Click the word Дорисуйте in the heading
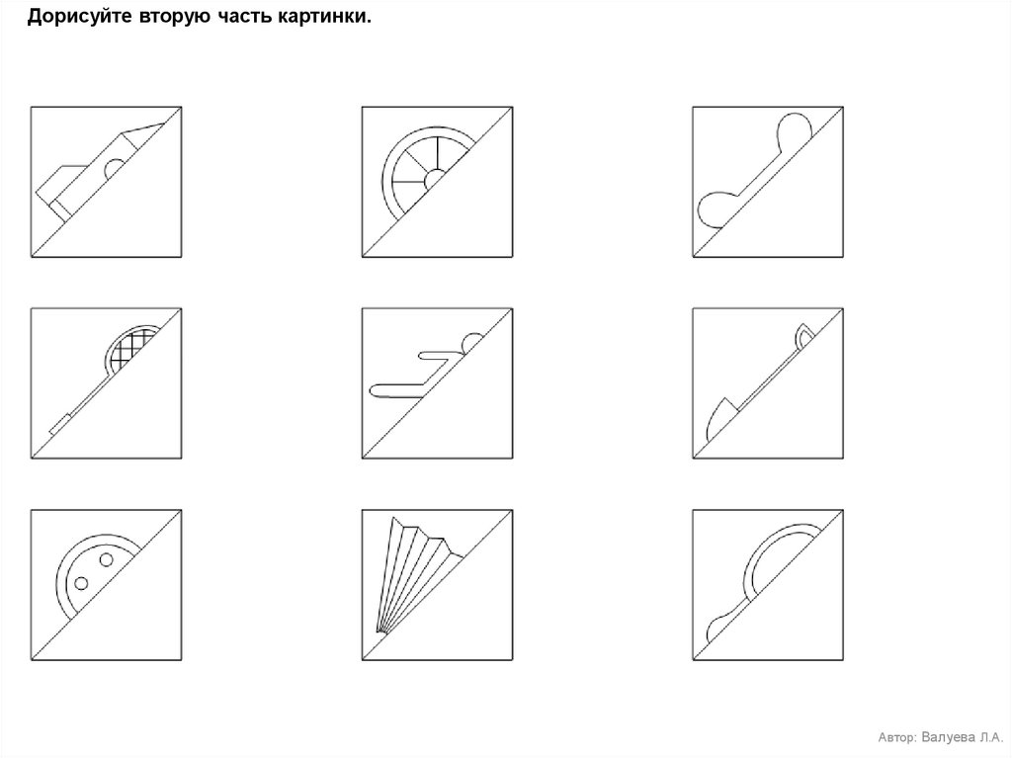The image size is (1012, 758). coord(79,17)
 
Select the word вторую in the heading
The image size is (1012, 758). coord(174,18)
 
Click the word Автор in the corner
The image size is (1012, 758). coord(896,737)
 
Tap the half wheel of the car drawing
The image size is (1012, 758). coord(115,168)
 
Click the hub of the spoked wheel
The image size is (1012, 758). coord(434,179)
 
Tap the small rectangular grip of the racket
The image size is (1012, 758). coord(59,424)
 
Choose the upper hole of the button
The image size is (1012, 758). coord(107,559)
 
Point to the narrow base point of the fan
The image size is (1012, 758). coord(379,631)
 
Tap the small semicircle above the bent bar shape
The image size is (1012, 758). coord(472,341)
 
